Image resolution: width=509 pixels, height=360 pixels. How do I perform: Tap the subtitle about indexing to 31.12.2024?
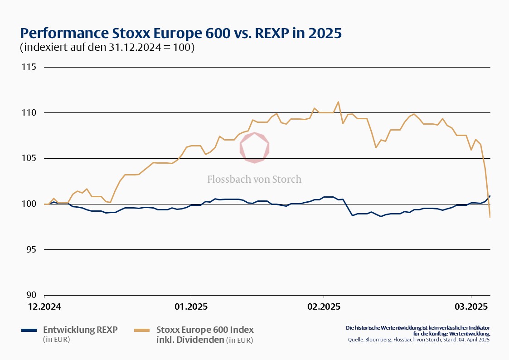(107, 48)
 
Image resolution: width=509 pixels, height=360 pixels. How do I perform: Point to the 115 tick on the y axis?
(29, 67)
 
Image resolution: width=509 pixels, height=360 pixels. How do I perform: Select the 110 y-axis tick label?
(29, 113)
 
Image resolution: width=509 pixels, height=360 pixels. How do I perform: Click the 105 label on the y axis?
(29, 158)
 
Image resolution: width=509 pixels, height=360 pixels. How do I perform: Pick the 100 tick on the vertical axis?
(29, 204)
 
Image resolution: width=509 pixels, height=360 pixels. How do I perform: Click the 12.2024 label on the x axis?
(44, 307)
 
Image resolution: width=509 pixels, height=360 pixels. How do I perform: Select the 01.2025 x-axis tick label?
(191, 307)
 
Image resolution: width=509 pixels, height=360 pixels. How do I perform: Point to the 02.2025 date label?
(323, 307)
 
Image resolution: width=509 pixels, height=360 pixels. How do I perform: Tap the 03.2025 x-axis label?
(471, 307)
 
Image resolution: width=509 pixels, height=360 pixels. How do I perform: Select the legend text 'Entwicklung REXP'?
(80, 330)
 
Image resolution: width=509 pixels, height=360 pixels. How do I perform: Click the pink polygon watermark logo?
(255, 147)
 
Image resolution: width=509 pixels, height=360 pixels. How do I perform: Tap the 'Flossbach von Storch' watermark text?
(254, 179)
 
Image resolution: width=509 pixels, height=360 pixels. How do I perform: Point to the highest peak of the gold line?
(338, 102)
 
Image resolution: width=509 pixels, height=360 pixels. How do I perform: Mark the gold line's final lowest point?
(490, 217)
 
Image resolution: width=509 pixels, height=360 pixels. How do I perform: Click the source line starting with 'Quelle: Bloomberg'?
(419, 340)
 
